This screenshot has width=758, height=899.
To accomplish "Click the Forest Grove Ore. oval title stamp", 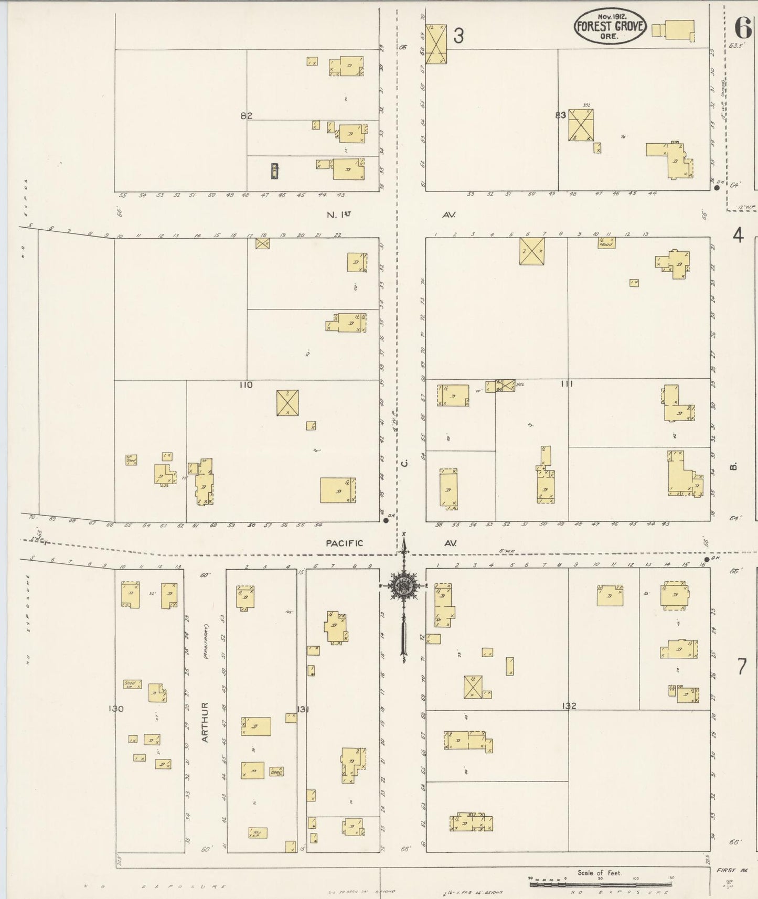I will [x=610, y=26].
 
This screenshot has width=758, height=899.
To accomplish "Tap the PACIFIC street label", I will [x=344, y=543].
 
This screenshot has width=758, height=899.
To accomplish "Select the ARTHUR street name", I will [x=205, y=722].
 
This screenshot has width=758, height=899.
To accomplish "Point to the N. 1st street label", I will [x=338, y=215].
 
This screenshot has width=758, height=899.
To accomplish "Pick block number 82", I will [x=247, y=116].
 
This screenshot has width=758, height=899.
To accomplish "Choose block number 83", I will [x=560, y=115].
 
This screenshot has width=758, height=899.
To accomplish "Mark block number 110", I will [x=245, y=385].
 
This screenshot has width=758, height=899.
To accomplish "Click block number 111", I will [x=566, y=384].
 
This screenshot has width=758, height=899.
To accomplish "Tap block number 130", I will [x=116, y=709].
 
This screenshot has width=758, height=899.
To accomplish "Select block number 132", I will [x=569, y=706].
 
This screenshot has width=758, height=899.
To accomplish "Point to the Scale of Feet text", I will [x=599, y=873].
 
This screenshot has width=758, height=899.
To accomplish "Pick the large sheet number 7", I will [x=741, y=667].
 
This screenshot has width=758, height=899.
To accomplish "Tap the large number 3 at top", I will [x=458, y=36].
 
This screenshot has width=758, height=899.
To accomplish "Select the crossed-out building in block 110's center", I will [x=287, y=402].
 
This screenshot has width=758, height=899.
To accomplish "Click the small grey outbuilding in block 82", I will [x=275, y=170].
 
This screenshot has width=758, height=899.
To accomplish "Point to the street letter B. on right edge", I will [x=734, y=466].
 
